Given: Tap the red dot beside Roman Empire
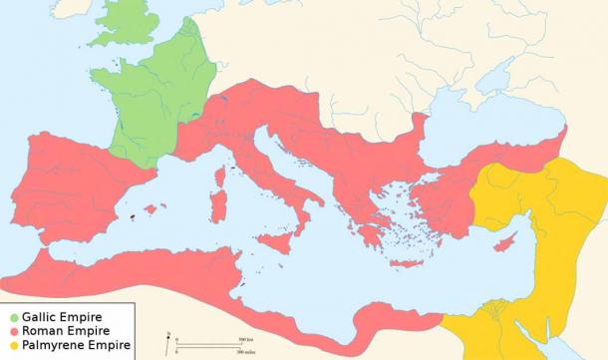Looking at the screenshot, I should point(10,332).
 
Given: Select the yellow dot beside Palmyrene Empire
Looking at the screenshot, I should point(10,346).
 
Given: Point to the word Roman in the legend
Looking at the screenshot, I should point(41,332).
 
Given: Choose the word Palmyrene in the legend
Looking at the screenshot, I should point(51,346).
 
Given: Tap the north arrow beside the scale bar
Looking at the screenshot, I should point(170,340).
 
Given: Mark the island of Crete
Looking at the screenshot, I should point(407,263).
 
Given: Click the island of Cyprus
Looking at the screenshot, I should point(511,243).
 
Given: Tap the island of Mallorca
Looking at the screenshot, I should point(152,208).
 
